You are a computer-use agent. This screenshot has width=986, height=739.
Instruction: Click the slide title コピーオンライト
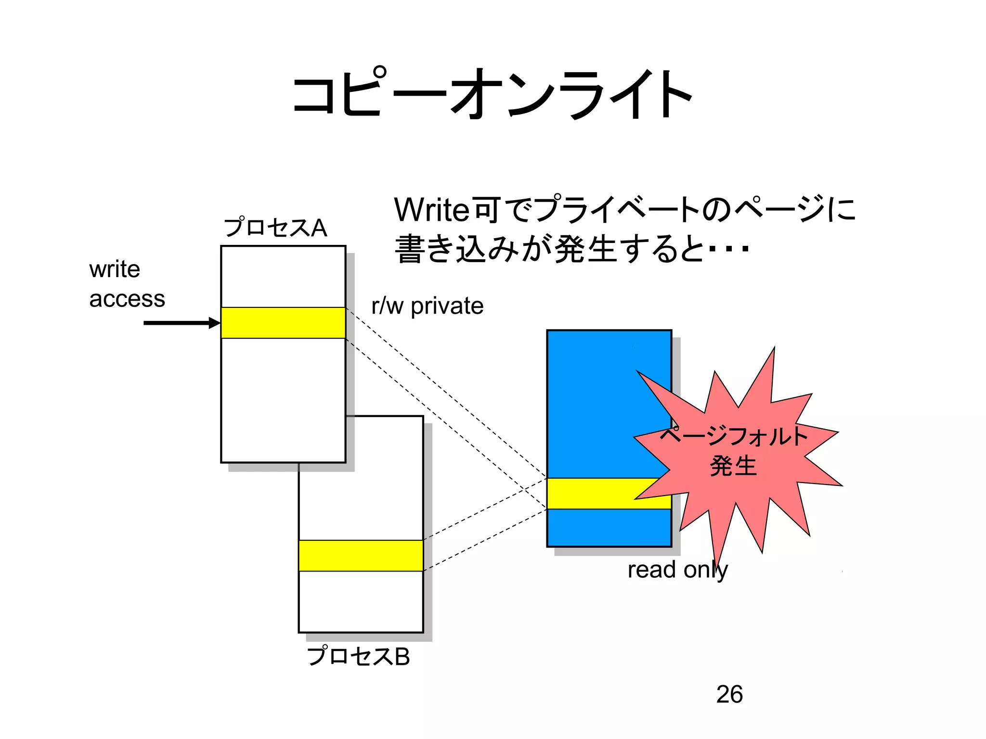point(492,94)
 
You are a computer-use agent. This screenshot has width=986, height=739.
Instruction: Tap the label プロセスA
point(275,228)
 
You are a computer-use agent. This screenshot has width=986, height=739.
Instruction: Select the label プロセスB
point(358,656)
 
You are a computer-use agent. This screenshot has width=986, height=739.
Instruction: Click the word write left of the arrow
point(115,269)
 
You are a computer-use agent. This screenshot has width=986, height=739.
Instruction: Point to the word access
point(127,299)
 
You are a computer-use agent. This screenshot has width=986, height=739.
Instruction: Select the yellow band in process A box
point(283,323)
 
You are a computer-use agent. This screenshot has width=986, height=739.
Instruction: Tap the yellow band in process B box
point(361,556)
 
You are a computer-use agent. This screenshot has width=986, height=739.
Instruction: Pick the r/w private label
point(427,306)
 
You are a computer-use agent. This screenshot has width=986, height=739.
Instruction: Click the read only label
point(677,570)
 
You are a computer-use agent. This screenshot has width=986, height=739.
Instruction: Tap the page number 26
point(729,694)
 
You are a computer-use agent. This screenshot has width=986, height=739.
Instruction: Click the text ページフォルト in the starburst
point(733,436)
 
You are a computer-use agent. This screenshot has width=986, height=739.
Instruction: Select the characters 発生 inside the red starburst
point(733,466)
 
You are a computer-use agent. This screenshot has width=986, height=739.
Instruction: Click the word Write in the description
point(431,210)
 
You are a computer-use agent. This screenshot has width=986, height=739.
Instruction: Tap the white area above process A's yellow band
point(283,277)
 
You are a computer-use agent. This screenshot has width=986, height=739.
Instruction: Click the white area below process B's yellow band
point(361,601)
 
